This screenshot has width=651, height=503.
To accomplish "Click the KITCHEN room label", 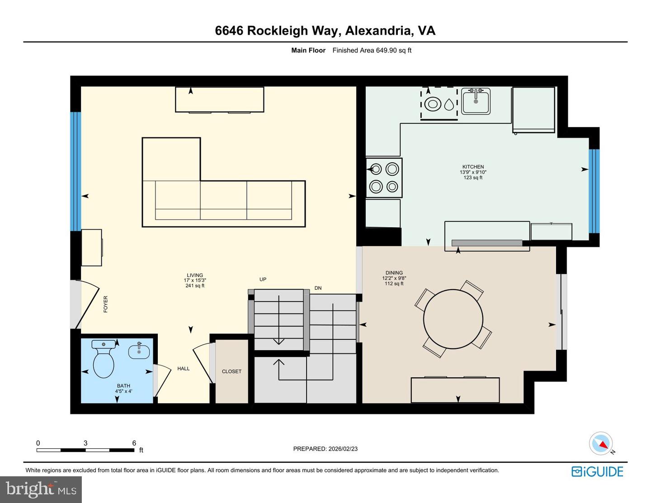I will [473, 167].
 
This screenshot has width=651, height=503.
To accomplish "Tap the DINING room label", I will [394, 273].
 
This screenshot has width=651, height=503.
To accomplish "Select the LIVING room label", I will [195, 275].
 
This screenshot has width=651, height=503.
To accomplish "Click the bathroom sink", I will [139, 351].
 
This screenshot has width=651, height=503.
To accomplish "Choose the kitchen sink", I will [476, 101].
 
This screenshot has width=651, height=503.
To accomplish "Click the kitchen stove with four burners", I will [384, 178].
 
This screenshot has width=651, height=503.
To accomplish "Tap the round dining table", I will [453, 319].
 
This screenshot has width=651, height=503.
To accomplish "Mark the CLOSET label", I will [231, 371].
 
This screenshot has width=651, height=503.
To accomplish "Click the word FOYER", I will [106, 304].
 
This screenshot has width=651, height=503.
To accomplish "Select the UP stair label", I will [263, 279].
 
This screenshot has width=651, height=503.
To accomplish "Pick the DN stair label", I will [318, 288].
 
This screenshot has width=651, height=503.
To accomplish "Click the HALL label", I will [184, 369].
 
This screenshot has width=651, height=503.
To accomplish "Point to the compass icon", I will [601, 443].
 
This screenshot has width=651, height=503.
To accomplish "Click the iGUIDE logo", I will [597, 472].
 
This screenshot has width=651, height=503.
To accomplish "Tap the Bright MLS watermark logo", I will [41, 489].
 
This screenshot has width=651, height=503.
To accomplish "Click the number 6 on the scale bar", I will [134, 443].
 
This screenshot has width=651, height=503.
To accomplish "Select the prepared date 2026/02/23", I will [343, 449].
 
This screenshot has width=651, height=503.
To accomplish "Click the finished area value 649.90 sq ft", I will [393, 51].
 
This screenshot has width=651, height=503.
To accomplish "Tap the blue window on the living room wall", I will [75, 171].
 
